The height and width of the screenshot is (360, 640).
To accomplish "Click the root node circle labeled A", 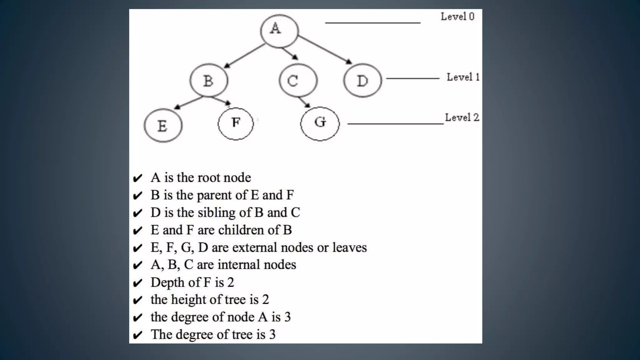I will click(279, 31).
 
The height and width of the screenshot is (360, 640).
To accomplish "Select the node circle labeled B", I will click(209, 81).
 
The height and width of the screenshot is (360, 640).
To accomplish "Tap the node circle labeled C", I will click(298, 81).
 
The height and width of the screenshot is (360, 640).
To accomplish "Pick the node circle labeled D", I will click(362, 81).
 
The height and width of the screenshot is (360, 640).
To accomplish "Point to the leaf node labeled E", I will click(163, 126).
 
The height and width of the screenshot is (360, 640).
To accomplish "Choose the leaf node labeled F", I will click(236, 123).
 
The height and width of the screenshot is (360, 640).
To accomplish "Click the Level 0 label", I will click(457, 17).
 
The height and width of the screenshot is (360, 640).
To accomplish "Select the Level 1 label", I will click(463, 77).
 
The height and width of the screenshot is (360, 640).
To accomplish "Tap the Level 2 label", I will click(462, 117).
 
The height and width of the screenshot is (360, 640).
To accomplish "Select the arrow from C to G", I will click(304, 102).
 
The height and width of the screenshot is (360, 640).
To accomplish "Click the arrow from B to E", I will click(189, 102).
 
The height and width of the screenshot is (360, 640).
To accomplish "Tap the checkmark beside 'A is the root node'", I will click(137, 178).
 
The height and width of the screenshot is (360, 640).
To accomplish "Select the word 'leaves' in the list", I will click(349, 247).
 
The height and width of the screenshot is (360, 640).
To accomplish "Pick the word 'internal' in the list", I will click(239, 265).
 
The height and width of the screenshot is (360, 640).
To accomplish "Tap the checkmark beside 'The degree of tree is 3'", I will click(137, 335).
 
